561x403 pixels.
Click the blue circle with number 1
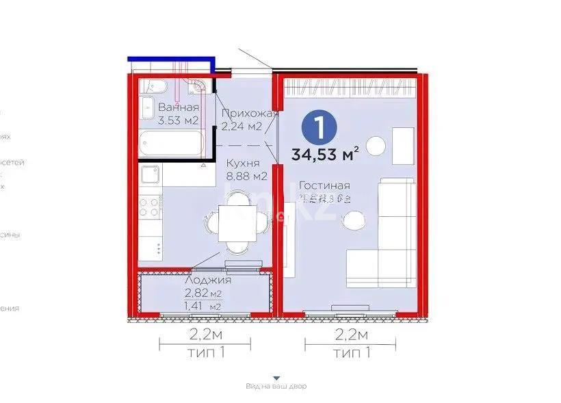pyautogui.click(x=315, y=128)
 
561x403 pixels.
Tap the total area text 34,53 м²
pyautogui.click(x=325, y=155)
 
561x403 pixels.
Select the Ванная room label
pyautogui.click(x=179, y=107)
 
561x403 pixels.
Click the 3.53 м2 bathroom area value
pyautogui.click(x=179, y=121)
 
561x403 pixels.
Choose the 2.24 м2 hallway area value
pyautogui.click(x=242, y=126)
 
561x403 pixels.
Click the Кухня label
pyautogui.click(x=242, y=164)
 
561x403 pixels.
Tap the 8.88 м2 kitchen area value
pyautogui.click(x=246, y=176)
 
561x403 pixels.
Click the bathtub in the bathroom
pyautogui.click(x=172, y=144)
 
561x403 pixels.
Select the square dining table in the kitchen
pyautogui.click(x=236, y=223)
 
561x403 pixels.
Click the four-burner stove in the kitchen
pyautogui.click(x=149, y=207)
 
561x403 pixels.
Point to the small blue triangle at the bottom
pyautogui.click(x=276, y=377)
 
